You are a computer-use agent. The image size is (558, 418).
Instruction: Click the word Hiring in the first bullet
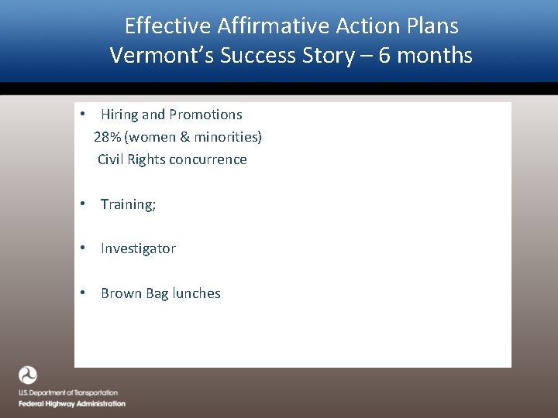pos(119,115)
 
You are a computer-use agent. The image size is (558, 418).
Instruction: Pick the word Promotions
pos(205,115)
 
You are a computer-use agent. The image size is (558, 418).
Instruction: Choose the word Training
pos(128,204)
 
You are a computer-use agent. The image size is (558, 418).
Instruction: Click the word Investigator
pos(138,248)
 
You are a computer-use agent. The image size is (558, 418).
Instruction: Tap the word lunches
pos(196,293)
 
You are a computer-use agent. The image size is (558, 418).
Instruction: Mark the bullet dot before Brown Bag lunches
pos(82,293)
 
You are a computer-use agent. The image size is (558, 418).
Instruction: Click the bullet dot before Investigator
pos(82,248)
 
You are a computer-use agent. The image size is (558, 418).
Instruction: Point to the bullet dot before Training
pos(82,204)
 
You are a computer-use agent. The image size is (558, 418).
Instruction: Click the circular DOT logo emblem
pos(28,375)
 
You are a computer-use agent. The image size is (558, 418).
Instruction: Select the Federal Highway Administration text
pos(72,403)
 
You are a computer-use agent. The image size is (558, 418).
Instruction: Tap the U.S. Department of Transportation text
pos(68,393)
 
